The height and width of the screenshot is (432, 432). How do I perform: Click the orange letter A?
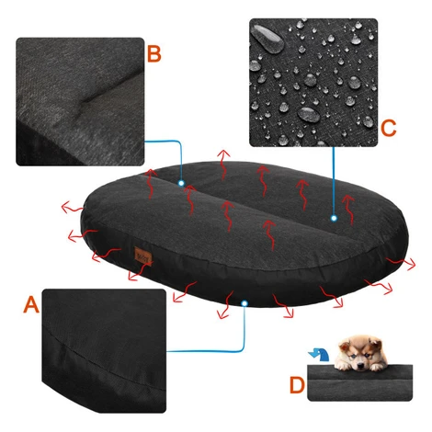[31, 304]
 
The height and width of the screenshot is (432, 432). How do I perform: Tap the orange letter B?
[154, 54]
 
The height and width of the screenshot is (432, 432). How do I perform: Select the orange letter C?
[388, 128]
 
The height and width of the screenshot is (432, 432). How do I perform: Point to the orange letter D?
[297, 385]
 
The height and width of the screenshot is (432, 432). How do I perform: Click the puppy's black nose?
[360, 365]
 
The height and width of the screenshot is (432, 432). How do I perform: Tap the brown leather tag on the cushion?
[142, 256]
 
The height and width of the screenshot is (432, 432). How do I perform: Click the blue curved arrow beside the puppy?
[319, 355]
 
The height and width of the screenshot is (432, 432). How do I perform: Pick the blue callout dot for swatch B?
[181, 183]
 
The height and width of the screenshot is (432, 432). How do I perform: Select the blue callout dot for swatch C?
[334, 218]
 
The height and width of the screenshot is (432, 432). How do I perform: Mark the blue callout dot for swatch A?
[244, 303]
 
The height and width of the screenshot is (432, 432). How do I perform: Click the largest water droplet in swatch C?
[267, 39]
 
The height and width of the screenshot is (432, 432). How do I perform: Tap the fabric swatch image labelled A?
[104, 350]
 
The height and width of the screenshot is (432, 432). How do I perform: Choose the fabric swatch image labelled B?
[80, 102]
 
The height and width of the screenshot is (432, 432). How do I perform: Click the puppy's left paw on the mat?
[343, 366]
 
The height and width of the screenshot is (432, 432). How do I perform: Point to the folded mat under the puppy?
[359, 383]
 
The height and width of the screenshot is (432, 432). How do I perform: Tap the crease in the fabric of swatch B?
[108, 90]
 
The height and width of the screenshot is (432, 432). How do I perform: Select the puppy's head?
[360, 352]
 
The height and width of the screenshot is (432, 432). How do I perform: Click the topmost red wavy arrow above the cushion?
[223, 164]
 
